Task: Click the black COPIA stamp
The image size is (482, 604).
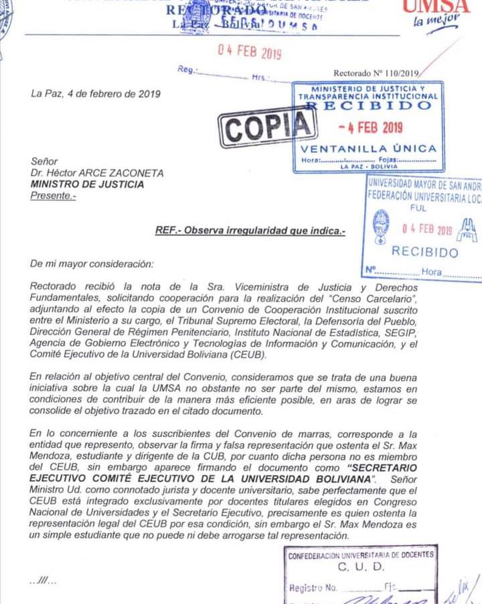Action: (x=267, y=126)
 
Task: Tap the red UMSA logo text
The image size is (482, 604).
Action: (x=445, y=6)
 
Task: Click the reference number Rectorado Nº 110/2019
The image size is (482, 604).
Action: (x=376, y=73)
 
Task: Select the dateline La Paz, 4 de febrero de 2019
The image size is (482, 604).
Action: (x=96, y=94)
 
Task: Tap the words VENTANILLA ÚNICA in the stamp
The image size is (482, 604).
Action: (x=369, y=148)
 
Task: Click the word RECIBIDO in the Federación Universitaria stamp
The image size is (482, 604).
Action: (x=425, y=252)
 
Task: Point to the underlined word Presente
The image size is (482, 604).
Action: (x=54, y=195)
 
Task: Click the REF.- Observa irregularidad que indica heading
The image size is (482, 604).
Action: (x=250, y=231)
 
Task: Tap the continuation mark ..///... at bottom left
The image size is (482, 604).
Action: (x=44, y=581)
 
